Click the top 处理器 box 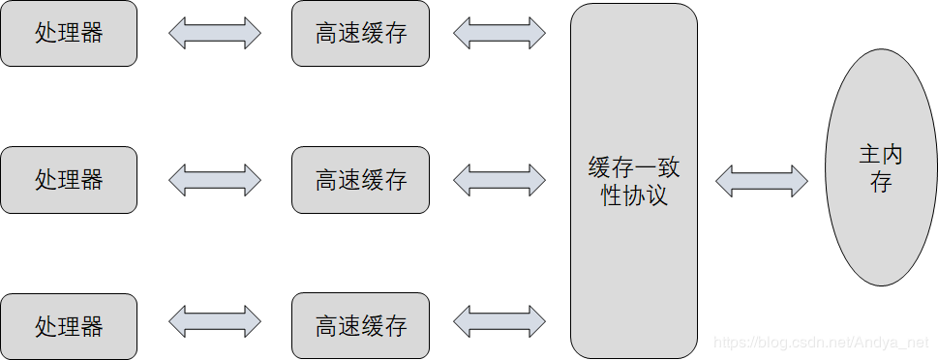click(69, 34)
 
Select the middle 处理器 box click(69, 180)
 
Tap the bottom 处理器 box click(69, 326)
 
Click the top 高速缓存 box click(360, 34)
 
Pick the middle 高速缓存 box click(360, 180)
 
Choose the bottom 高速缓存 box click(360, 326)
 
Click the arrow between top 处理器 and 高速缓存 click(215, 33)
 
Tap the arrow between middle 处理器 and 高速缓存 click(215, 179)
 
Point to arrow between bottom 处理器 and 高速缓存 click(215, 321)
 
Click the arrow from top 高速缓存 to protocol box click(499, 33)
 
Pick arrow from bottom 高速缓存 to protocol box click(499, 321)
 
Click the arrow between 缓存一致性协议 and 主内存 click(762, 180)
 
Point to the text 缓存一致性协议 click(634, 181)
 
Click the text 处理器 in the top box click(69, 34)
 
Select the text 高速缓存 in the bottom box click(360, 326)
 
